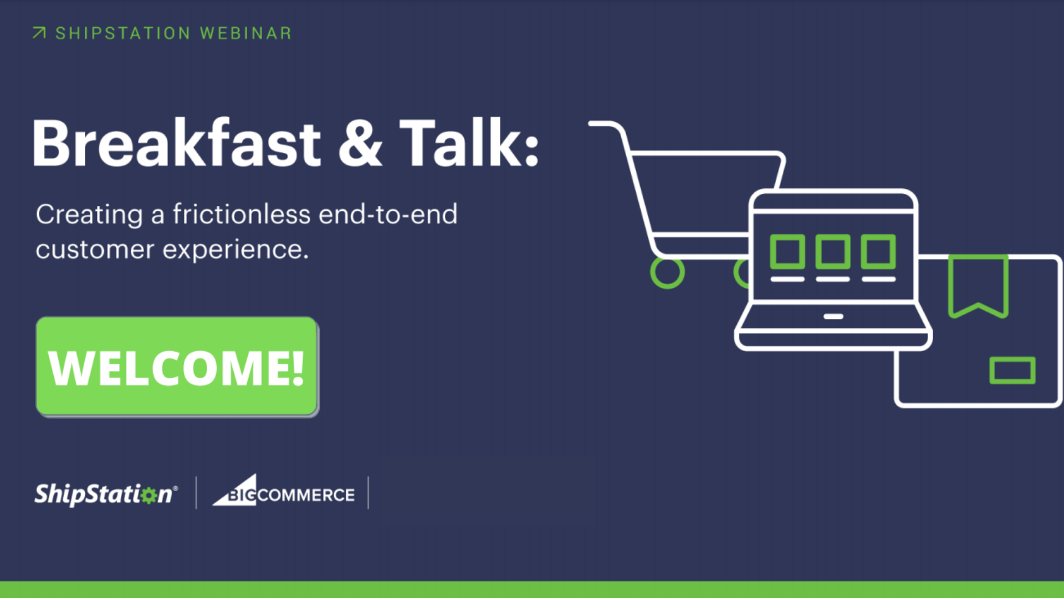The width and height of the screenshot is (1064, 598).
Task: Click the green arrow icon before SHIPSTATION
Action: (x=39, y=33)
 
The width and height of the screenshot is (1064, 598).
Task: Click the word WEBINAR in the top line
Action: (x=245, y=33)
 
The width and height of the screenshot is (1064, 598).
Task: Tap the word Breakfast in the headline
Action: (x=176, y=143)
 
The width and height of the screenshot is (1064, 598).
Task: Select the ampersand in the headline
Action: (x=360, y=144)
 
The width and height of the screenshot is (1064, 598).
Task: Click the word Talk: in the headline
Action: (x=469, y=143)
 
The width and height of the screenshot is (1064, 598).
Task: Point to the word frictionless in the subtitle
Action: (x=242, y=214)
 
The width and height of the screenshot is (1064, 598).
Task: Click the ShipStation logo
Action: (x=106, y=494)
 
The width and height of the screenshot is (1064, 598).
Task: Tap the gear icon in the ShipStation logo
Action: (x=149, y=495)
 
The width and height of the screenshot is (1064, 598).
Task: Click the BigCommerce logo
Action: (x=283, y=491)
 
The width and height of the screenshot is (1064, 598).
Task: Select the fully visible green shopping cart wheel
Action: (x=667, y=272)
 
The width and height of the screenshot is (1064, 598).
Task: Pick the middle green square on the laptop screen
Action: (x=832, y=251)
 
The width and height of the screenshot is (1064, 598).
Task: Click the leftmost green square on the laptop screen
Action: (x=787, y=251)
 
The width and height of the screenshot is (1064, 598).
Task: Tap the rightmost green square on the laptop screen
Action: (x=878, y=251)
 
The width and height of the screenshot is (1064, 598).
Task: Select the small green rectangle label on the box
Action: (x=1012, y=370)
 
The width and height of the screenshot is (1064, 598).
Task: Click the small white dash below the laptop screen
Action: (x=833, y=317)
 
